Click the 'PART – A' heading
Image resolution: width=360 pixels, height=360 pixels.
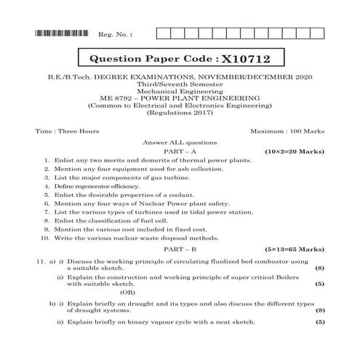pos(180,150)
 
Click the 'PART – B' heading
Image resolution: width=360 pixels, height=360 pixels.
pos(180,248)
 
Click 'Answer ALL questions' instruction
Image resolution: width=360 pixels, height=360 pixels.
pos(180,141)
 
